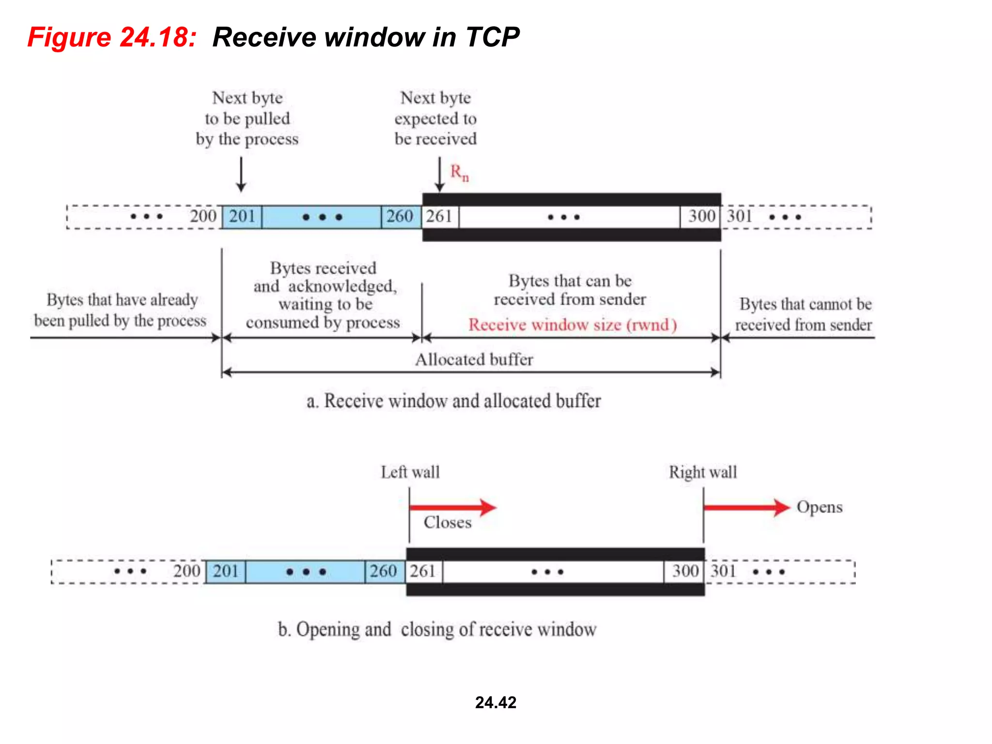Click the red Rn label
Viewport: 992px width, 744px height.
click(x=459, y=172)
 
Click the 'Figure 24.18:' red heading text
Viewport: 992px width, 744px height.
click(x=112, y=37)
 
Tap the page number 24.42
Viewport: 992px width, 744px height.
click(x=496, y=702)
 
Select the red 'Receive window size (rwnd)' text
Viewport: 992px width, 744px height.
click(x=572, y=325)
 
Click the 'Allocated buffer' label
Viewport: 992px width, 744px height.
click(x=474, y=359)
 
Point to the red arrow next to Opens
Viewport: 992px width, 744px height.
click(x=746, y=507)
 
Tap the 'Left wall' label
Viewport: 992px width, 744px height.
click(x=410, y=472)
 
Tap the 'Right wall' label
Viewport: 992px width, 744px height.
click(x=702, y=472)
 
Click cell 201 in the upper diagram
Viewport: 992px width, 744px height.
click(x=242, y=216)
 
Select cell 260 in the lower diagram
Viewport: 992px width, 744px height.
click(x=384, y=571)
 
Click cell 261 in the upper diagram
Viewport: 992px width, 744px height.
click(x=439, y=216)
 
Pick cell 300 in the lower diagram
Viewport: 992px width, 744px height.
click(x=685, y=571)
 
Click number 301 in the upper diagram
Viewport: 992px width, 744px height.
click(x=739, y=216)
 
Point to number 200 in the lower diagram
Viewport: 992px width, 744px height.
click(x=187, y=571)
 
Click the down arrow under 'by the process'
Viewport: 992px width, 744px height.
click(x=241, y=174)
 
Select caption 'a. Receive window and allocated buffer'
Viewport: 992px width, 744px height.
click(x=453, y=401)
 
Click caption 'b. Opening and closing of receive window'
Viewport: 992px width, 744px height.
click(x=437, y=629)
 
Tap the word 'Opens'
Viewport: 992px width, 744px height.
click(x=820, y=507)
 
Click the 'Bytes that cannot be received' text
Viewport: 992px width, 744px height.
click(x=804, y=314)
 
